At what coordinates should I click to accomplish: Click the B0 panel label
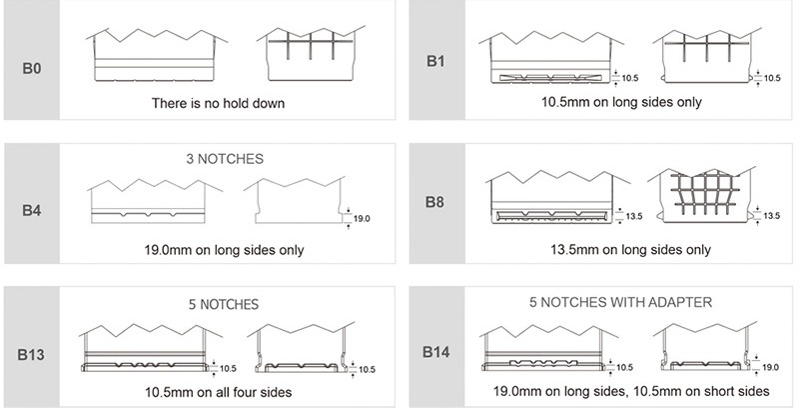point(32,68)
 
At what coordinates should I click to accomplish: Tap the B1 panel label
point(435,61)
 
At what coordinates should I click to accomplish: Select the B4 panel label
point(32,210)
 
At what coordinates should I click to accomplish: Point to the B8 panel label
point(434,202)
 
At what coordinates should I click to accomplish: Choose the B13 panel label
point(31,354)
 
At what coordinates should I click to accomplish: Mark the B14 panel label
point(435,352)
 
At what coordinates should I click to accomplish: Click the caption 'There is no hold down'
point(218,104)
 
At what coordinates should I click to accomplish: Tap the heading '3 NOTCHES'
point(225,159)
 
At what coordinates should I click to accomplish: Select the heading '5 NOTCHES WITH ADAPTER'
point(620,302)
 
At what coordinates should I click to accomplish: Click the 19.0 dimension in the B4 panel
point(362,219)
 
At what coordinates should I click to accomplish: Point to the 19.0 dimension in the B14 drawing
point(770,367)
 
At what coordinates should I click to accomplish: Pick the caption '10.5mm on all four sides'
point(218,392)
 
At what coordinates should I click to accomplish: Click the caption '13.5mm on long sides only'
point(630,250)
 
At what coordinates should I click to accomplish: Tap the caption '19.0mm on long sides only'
point(224,250)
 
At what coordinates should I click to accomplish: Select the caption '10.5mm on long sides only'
point(621,102)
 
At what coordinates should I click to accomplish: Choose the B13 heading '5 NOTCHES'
point(224,304)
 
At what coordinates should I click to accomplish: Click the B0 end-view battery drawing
point(311,54)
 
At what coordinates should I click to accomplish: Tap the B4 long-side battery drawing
point(155,201)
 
